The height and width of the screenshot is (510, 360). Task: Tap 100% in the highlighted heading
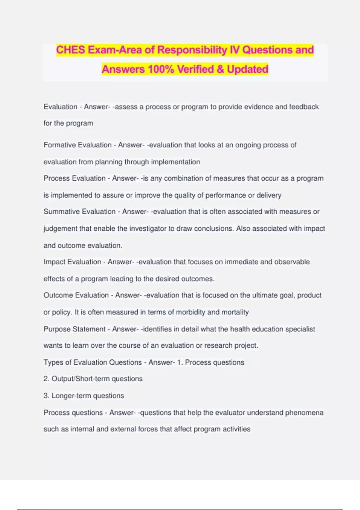point(161,69)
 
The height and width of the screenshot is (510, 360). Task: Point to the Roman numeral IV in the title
point(235,50)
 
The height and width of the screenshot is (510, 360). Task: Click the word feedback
point(304,107)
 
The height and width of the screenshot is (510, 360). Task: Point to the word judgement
point(60,229)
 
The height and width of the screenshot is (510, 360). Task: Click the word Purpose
point(57,329)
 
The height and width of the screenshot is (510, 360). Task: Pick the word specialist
point(300,329)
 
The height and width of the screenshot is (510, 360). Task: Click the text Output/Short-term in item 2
point(80,379)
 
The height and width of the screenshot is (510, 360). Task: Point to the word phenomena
point(304,413)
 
